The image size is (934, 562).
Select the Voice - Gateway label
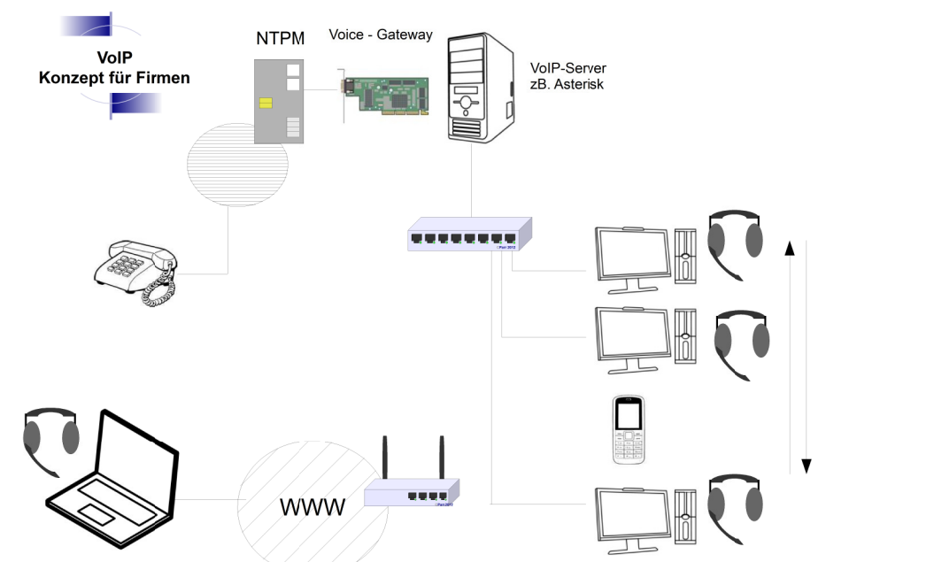click(381, 35)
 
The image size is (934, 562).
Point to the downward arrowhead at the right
click(807, 466)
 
